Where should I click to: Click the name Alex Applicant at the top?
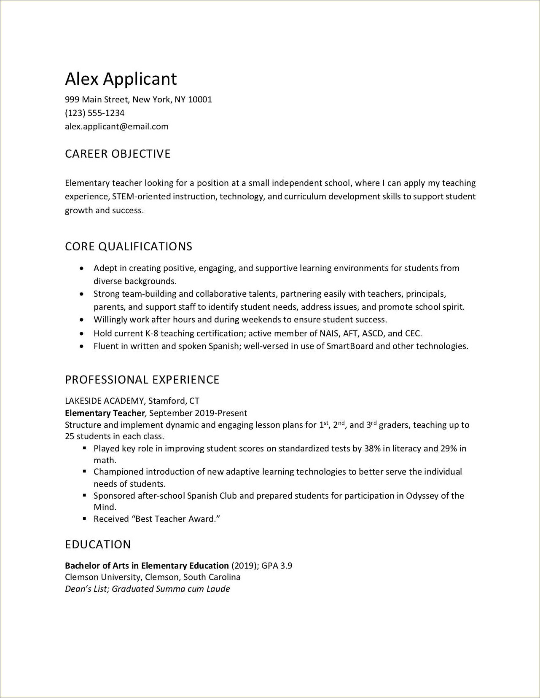(121, 79)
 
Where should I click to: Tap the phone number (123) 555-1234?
(94, 113)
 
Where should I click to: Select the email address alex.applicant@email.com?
(116, 126)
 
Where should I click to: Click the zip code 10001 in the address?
(200, 99)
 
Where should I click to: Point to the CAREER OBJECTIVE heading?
(118, 154)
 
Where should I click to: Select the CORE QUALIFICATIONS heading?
(129, 247)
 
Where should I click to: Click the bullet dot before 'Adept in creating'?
(82, 268)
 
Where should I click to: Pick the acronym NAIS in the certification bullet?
(329, 333)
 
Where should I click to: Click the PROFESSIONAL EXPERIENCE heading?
(142, 380)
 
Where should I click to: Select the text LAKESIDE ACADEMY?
(104, 400)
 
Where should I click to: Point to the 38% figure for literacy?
(372, 448)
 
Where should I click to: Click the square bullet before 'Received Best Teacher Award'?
(85, 518)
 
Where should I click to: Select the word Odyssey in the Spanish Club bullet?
(422, 496)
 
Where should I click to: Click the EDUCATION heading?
(98, 545)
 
